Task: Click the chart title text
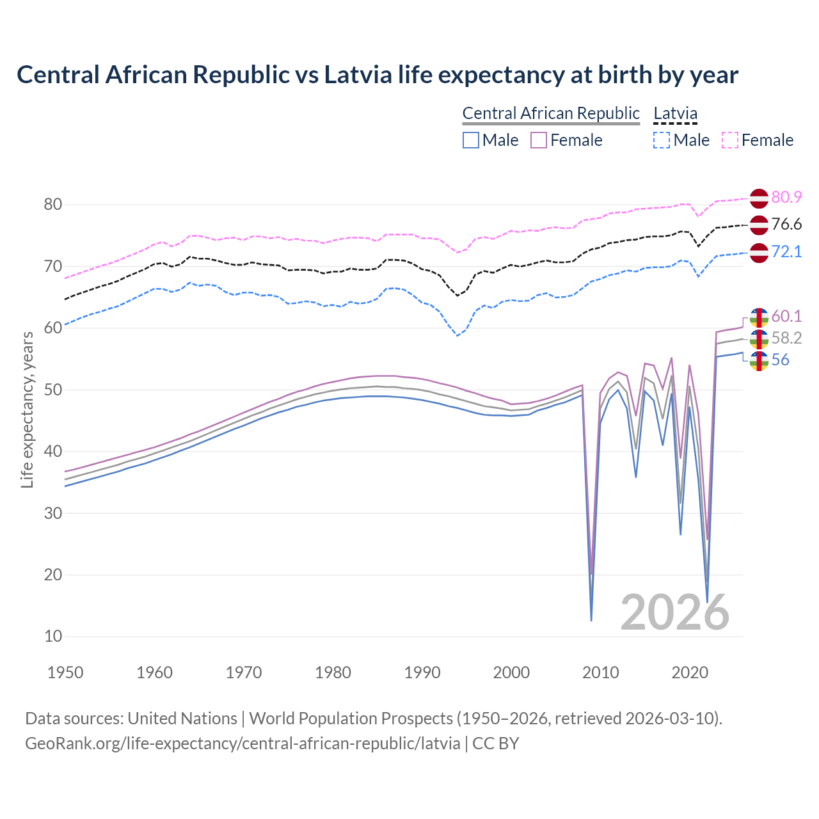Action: [378, 75]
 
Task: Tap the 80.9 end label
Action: [786, 197]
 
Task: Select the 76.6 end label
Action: [786, 224]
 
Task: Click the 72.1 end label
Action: [786, 251]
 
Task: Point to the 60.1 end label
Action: [786, 316]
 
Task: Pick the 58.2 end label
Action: [786, 338]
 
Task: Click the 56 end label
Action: [780, 360]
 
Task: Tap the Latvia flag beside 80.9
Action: [759, 198]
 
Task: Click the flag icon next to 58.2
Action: [759, 339]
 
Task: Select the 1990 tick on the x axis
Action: [422, 672]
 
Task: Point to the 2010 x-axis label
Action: [601, 672]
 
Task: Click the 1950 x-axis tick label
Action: [66, 672]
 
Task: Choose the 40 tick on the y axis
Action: [52, 452]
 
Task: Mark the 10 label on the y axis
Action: [52, 636]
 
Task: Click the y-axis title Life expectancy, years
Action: [28, 409]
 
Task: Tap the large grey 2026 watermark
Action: [675, 612]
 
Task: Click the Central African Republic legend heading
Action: [551, 113]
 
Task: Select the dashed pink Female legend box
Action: [730, 140]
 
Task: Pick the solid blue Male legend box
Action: [471, 140]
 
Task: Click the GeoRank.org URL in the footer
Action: [243, 743]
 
